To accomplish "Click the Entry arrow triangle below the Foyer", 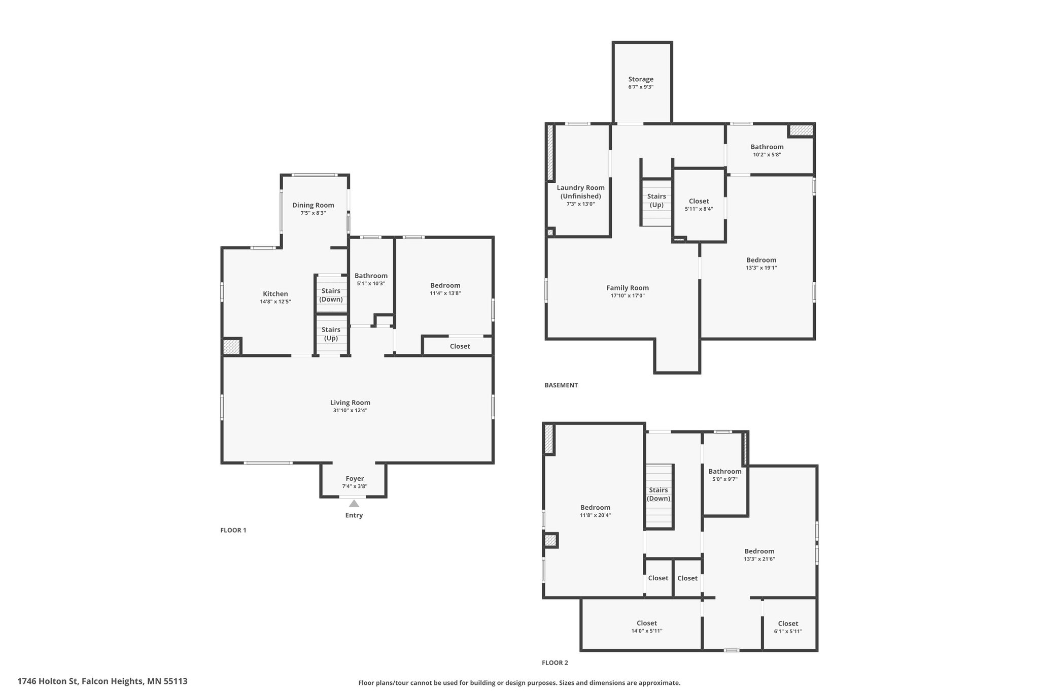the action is pyautogui.click(x=354, y=504).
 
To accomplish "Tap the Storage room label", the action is pyautogui.click(x=641, y=79).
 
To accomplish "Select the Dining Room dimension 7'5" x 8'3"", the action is pyautogui.click(x=313, y=213).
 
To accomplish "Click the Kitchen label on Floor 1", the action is pyautogui.click(x=275, y=294).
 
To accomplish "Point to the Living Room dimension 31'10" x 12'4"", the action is pyautogui.click(x=350, y=410).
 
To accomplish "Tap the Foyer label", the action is pyautogui.click(x=355, y=479).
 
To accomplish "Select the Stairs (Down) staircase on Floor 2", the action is pyautogui.click(x=659, y=497).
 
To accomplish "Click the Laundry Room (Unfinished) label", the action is pyautogui.click(x=581, y=192).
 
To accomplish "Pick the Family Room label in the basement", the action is pyautogui.click(x=628, y=288).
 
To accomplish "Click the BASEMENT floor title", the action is pyautogui.click(x=561, y=385).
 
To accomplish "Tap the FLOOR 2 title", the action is pyautogui.click(x=555, y=663).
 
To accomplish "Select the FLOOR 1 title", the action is pyautogui.click(x=233, y=530).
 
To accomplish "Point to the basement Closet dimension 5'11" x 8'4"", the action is pyautogui.click(x=699, y=209).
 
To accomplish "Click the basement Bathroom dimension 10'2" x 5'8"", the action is pyautogui.click(x=767, y=154).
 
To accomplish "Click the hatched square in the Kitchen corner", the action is pyautogui.click(x=231, y=347).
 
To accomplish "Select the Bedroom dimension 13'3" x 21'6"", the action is pyautogui.click(x=759, y=559).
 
